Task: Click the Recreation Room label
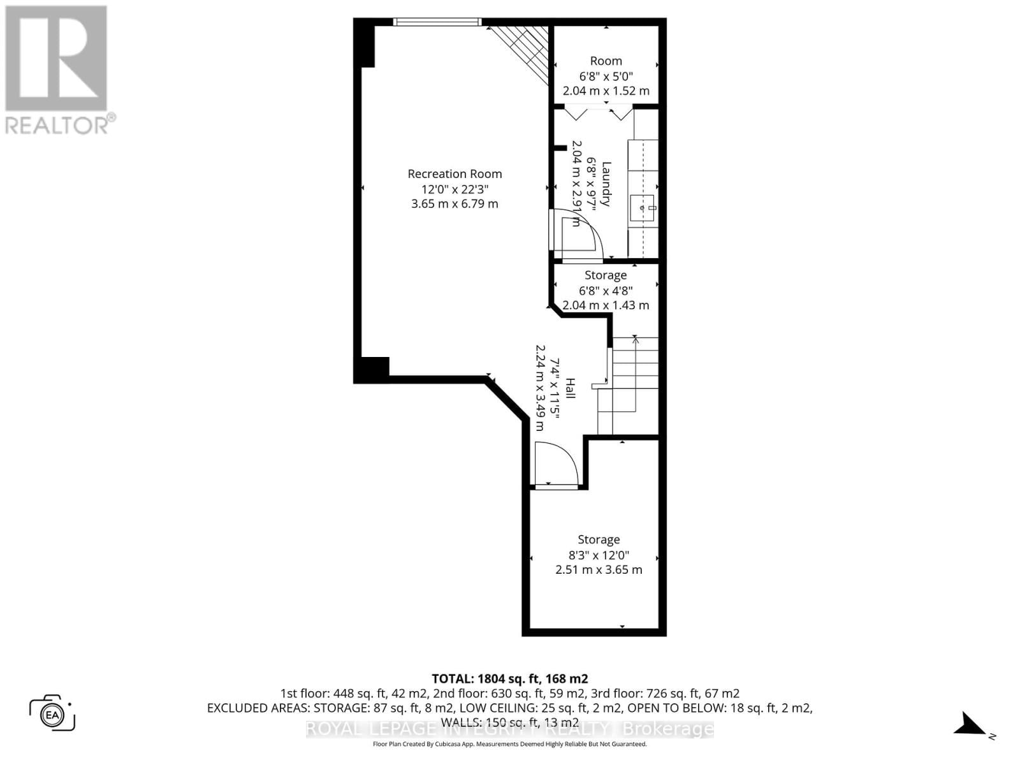coord(455,173)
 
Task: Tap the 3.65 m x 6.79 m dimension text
coord(455,204)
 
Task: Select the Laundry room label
coord(606,184)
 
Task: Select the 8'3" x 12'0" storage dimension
coord(599,555)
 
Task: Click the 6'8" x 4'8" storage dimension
coord(606,290)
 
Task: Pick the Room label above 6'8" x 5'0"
coord(606,61)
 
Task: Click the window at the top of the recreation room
coord(437,22)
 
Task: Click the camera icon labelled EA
coord(52,713)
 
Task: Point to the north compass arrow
coord(972,725)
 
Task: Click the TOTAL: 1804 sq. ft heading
coord(509,678)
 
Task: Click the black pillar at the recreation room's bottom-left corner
coord(372,370)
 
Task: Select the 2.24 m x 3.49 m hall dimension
coord(540,388)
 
